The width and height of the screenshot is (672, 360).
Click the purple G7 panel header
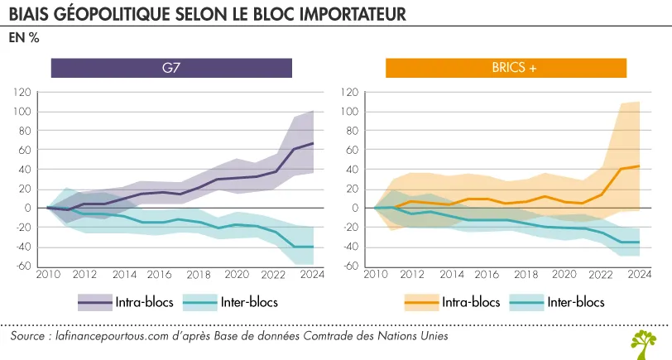tap(171, 68)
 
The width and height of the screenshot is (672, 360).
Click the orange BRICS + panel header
tap(506, 68)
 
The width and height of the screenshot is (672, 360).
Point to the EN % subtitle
tap(24, 38)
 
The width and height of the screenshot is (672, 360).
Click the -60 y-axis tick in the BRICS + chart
tap(351, 266)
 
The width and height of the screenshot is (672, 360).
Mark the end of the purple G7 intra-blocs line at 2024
tap(313, 143)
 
